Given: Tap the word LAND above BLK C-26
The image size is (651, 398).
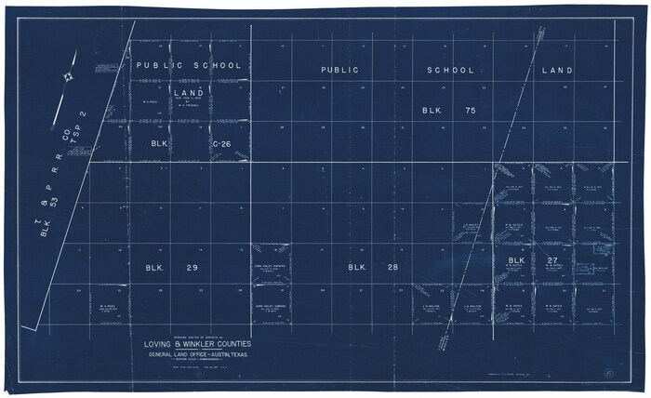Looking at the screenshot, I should click(x=189, y=93).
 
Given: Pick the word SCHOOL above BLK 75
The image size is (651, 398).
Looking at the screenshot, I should click(x=451, y=71).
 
